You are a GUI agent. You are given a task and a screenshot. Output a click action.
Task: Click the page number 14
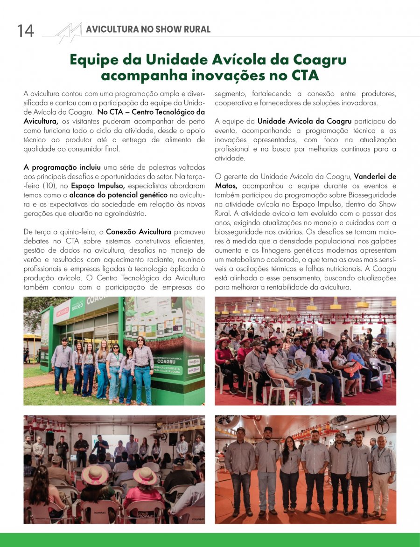(26, 31)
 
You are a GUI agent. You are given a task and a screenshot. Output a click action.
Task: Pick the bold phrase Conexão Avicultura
(139, 231)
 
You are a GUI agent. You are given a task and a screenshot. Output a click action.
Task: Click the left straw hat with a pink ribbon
(95, 475)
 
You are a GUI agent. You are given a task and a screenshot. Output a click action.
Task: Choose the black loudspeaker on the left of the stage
(49, 438)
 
